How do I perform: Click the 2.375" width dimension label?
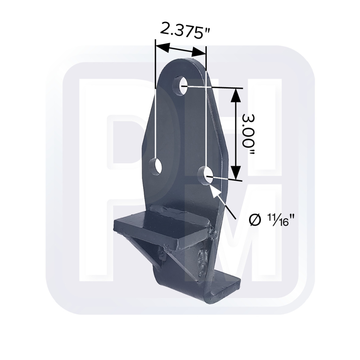(184, 30)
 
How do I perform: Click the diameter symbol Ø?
(255, 220)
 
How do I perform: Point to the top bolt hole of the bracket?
(180, 86)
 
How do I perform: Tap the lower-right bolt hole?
(206, 176)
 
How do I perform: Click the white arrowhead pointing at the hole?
(216, 191)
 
